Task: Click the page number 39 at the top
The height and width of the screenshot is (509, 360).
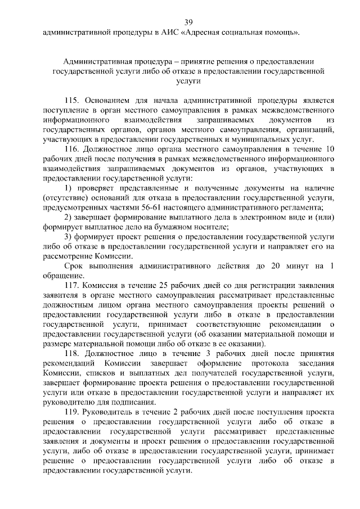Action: (188, 22)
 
